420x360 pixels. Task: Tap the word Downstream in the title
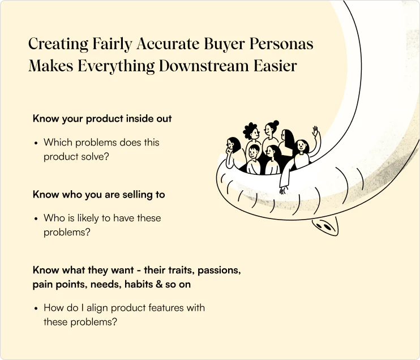pos(204,66)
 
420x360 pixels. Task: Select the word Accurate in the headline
pos(168,44)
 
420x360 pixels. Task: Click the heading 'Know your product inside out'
pos(102,119)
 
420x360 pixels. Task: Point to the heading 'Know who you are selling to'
pos(98,195)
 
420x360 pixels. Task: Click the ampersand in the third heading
pos(159,284)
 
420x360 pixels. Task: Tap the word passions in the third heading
pos(219,270)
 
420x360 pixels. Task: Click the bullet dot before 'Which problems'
pos(36,143)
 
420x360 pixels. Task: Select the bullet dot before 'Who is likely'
pos(36,218)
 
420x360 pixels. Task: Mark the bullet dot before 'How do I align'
pos(36,308)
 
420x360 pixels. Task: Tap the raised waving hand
pos(315,131)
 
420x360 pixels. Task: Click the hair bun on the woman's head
pos(276,123)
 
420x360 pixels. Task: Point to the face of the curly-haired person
pos(255,133)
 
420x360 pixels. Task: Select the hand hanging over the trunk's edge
pos(283,190)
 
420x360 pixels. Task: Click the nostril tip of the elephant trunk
pos(325,226)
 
